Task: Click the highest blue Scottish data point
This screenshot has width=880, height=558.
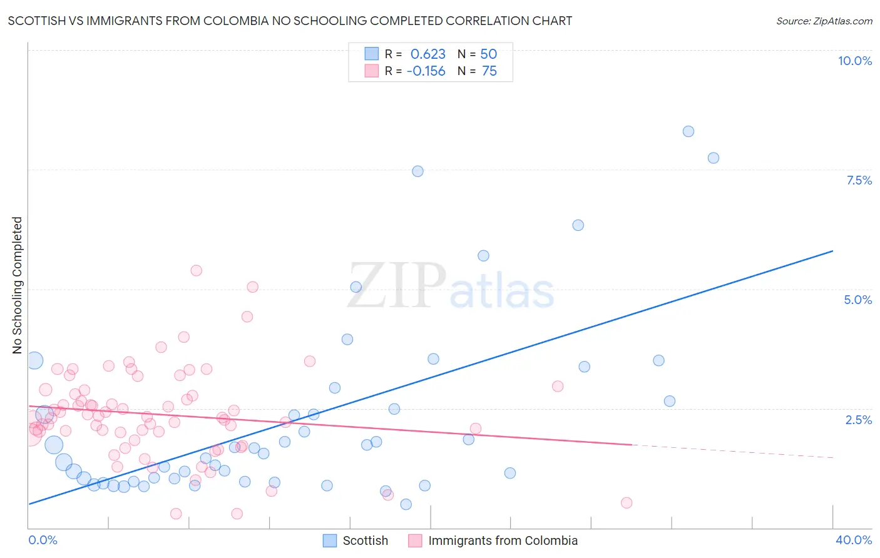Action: [688, 131]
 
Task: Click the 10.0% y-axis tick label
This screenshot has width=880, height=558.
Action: [854, 61]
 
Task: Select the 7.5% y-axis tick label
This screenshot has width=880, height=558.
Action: [859, 180]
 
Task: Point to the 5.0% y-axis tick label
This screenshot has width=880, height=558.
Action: [857, 300]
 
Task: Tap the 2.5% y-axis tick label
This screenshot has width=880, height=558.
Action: [858, 420]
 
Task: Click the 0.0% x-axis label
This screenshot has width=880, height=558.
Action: [43, 540]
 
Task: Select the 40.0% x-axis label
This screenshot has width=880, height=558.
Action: [853, 540]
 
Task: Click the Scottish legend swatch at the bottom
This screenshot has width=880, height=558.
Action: [330, 540]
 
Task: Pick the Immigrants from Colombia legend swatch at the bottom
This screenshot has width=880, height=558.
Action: [415, 540]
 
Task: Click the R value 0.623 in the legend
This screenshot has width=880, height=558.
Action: [427, 54]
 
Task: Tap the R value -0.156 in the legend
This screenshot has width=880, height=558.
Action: [426, 71]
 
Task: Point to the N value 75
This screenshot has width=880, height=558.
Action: [489, 71]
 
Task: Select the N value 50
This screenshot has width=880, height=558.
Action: [488, 54]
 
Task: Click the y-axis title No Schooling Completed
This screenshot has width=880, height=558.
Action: [18, 285]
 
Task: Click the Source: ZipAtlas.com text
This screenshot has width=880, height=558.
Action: [824, 21]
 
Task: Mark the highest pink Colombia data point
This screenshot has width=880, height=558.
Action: [196, 270]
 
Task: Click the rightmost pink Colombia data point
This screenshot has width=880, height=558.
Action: [626, 502]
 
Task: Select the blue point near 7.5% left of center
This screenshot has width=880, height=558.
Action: [417, 171]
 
